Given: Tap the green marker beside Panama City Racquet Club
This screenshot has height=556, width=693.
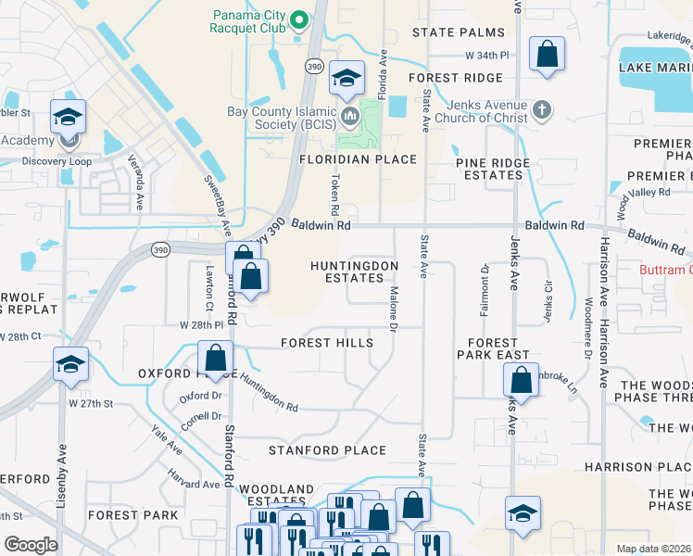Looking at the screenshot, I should (x=299, y=19).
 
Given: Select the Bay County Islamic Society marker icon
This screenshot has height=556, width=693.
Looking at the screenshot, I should (x=349, y=116).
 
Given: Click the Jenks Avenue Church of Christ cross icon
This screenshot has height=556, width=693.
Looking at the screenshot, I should (x=542, y=111).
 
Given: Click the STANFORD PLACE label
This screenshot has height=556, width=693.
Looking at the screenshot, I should (x=327, y=450).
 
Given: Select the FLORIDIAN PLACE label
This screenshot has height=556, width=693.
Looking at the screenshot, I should (x=358, y=159).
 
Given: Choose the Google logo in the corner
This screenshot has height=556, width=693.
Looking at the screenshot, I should (x=31, y=545).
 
